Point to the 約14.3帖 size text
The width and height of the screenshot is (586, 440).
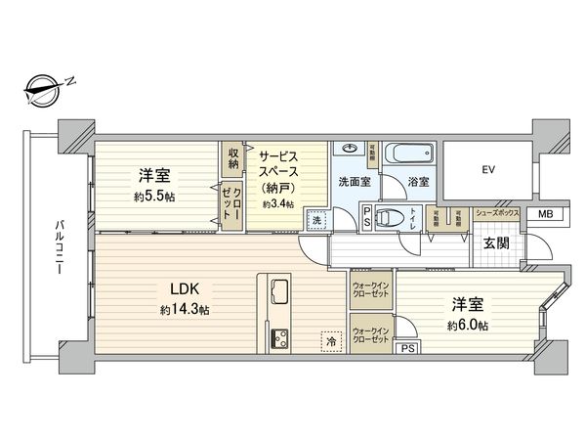[186, 310]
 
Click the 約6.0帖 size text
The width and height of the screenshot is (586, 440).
[470, 325]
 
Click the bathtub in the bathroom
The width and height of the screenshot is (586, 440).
[404, 154]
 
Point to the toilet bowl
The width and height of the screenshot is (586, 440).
[390, 218]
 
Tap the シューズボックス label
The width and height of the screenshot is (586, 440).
[495, 212]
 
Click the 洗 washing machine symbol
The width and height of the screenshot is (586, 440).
[316, 219]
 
